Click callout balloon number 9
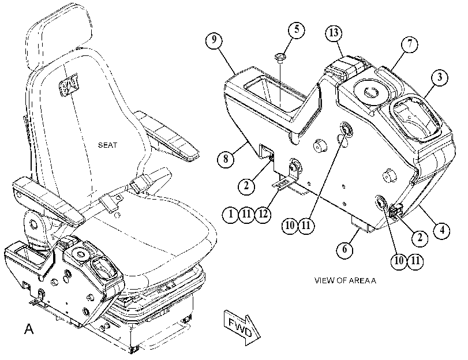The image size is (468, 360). (x=214, y=40)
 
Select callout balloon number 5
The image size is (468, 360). (x=297, y=29)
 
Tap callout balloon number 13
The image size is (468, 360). (x=334, y=33)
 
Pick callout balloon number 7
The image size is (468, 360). (x=410, y=44)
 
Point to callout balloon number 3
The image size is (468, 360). (x=440, y=78)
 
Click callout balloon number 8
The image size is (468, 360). (x=226, y=159)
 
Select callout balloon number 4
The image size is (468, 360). (x=442, y=230)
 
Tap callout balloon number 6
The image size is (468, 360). (x=345, y=249)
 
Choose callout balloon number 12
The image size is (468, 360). (x=263, y=214)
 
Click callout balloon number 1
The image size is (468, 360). (x=231, y=214)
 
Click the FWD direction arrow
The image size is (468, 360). (x=242, y=328)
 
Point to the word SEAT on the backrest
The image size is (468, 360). (x=108, y=145)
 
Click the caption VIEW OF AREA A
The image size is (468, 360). (x=345, y=280)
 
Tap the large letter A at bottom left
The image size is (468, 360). (x=29, y=329)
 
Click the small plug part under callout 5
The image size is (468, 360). (x=279, y=57)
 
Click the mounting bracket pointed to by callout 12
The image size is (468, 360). (x=287, y=177)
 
